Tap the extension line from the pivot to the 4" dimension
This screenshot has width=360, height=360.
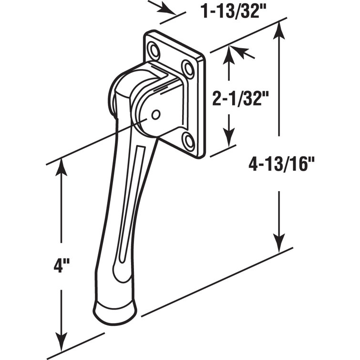(95, 141)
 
